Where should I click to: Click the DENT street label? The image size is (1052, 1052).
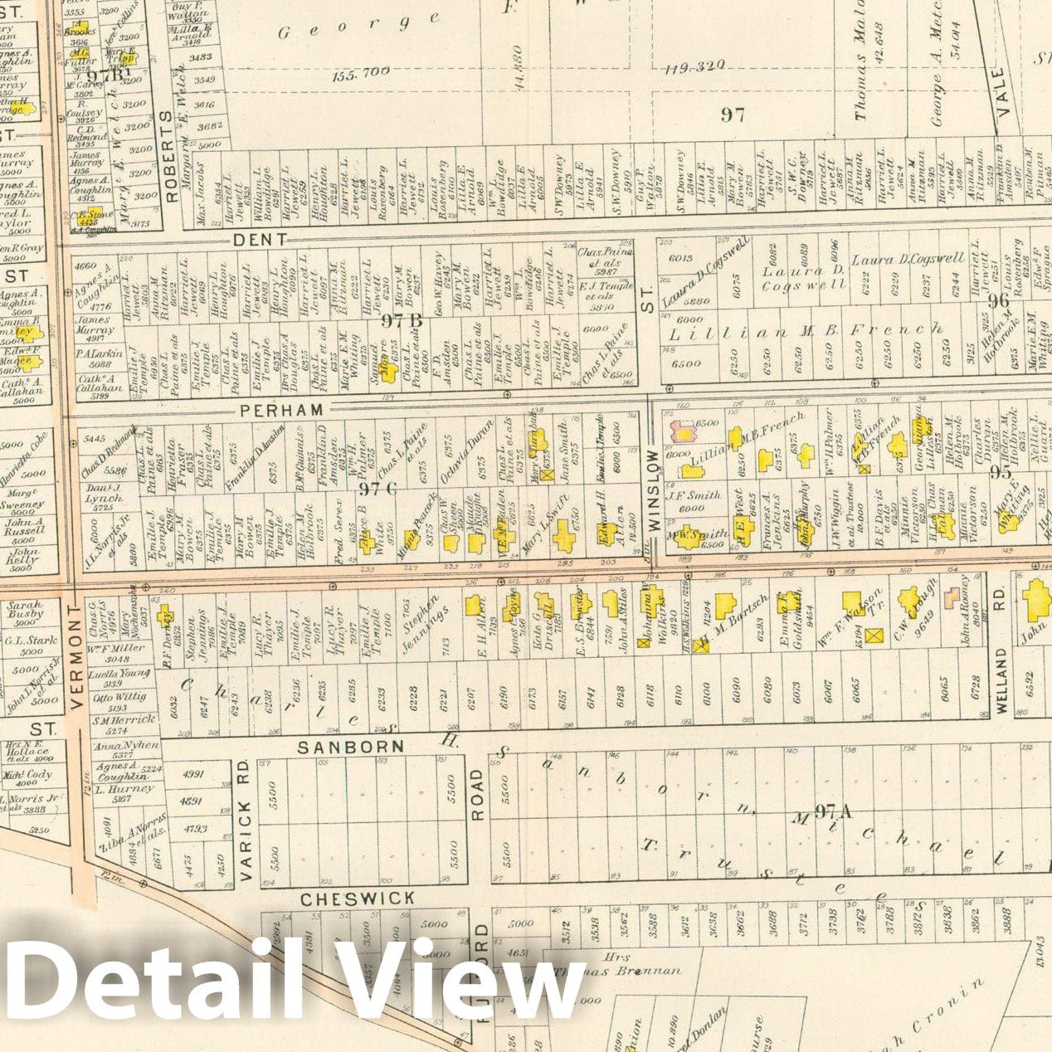[x=260, y=239]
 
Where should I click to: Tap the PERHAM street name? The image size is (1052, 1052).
[x=281, y=410]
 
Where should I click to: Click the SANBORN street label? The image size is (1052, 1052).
[x=351, y=747]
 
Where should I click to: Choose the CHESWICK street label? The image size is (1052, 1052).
[x=358, y=899]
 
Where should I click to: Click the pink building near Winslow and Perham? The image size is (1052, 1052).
[x=684, y=431]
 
